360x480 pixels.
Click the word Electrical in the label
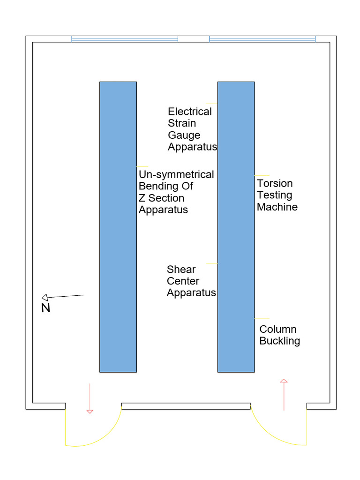[x=189, y=112]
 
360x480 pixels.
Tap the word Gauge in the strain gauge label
[x=184, y=135]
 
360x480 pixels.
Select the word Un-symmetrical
[x=176, y=174]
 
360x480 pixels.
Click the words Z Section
[x=161, y=198]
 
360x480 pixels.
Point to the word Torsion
[x=275, y=183]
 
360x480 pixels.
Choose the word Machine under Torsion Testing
[x=277, y=207]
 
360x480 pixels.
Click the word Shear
[x=181, y=270]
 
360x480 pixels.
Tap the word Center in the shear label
[x=183, y=281]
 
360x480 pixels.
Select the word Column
[x=278, y=329]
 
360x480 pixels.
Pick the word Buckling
[x=279, y=341]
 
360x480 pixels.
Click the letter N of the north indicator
[x=45, y=308]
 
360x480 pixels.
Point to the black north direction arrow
[x=63, y=296]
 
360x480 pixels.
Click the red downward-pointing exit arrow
[x=90, y=398]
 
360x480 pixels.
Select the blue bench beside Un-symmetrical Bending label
[x=118, y=227]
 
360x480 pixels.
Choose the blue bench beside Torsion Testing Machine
[x=236, y=227]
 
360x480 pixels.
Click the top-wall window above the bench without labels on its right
[x=125, y=39]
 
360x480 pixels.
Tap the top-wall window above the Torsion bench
[x=262, y=39]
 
